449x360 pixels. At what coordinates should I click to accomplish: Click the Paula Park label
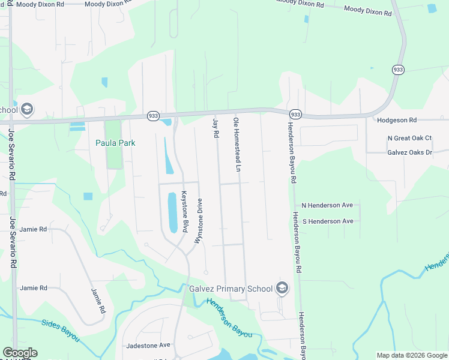point(115,143)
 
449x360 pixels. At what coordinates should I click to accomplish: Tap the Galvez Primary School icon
point(282,289)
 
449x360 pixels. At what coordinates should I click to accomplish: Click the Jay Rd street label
point(215,128)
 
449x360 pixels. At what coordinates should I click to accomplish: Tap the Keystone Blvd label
point(185,208)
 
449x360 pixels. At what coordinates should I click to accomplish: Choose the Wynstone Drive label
point(199,221)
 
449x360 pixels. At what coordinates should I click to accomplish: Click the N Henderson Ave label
point(327,205)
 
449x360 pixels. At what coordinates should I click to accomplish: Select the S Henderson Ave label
point(327,221)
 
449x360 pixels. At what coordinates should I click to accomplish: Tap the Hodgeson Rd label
point(397,120)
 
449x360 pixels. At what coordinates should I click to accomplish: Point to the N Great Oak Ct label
point(409,138)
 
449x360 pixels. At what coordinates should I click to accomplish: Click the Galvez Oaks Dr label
point(410,152)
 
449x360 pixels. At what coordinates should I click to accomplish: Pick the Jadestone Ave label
point(148,346)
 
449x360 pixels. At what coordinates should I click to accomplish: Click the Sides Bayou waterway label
point(61,330)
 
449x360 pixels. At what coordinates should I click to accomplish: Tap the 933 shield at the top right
point(398,70)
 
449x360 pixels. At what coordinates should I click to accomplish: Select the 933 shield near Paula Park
point(153,115)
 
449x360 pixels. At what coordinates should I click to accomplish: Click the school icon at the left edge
point(26,110)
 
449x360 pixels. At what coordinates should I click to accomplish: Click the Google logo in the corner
point(20,353)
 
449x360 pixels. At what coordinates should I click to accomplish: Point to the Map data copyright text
point(412,355)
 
